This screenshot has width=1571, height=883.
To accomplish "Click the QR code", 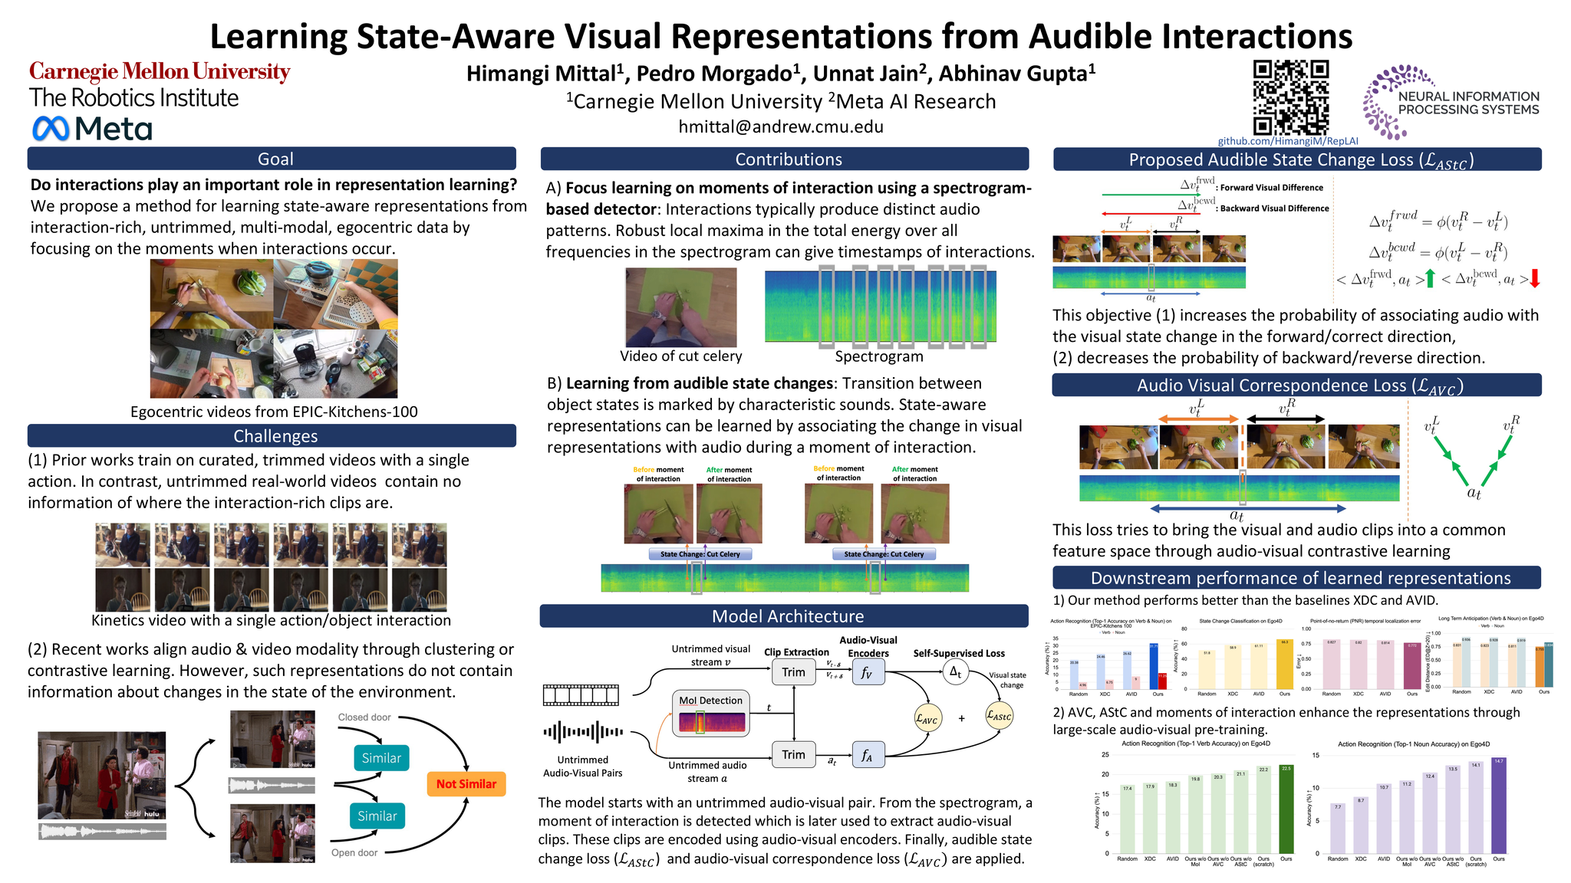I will pos(1290,97).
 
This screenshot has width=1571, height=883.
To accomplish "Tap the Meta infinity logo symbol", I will pos(51,128).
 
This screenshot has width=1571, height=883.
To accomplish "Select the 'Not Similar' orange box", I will pos(466,783).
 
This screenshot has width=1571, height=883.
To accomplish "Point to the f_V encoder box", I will pos(868,672).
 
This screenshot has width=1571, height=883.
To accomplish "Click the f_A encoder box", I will pos(868,755).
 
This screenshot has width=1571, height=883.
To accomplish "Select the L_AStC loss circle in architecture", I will pos(999,716).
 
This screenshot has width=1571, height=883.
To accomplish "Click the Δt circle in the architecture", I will pos(955,671).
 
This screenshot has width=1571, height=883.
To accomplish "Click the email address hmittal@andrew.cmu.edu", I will pos(781,126).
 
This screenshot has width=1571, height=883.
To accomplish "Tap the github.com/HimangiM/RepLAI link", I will pos(1288,141).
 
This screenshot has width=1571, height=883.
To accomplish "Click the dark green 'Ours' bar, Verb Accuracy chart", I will pos(1286,809).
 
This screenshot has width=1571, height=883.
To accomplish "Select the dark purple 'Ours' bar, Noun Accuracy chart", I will pos(1498,805).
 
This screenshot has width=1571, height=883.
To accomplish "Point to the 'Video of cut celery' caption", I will pos(681,356).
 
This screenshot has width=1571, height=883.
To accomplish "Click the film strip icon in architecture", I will pos(581,695).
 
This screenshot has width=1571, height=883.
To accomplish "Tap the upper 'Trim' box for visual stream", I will pos(793,672).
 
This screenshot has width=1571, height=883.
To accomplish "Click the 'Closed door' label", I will pos(364,717).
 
